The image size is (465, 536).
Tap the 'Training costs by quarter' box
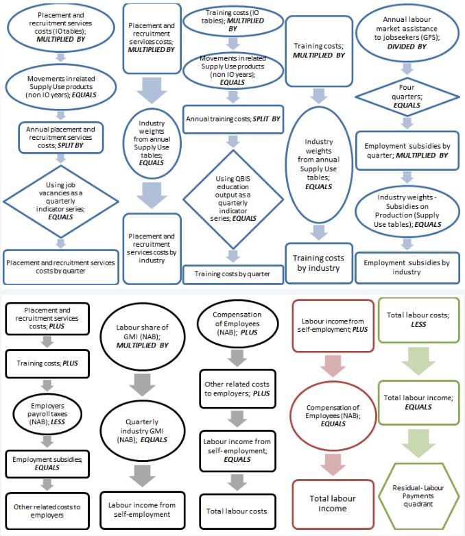click(232, 274)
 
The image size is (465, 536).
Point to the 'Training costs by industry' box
click(317, 263)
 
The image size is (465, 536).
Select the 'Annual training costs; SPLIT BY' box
click(232, 119)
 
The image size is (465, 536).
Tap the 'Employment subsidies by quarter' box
click(407, 151)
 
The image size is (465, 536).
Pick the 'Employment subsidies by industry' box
click(407, 267)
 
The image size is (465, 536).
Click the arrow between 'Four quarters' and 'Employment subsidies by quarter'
click(407, 123)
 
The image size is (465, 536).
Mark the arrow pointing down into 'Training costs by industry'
click(317, 232)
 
